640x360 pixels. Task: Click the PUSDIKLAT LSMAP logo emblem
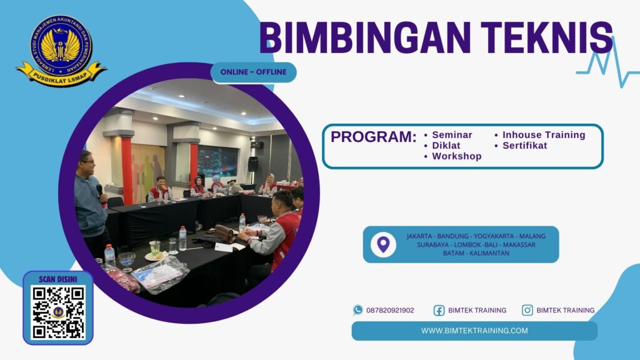click(x=61, y=50)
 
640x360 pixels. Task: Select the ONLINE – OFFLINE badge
click(x=253, y=72)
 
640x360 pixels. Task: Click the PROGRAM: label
click(x=373, y=137)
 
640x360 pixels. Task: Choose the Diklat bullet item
click(x=446, y=146)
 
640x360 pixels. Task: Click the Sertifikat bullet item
click(x=524, y=146)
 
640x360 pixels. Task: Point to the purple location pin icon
click(x=383, y=244)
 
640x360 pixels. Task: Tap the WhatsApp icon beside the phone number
click(x=357, y=310)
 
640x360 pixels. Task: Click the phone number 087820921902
click(x=390, y=310)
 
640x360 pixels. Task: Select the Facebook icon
click(x=439, y=310)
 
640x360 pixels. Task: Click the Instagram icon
click(x=527, y=310)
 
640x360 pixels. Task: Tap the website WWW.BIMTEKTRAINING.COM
click(x=474, y=331)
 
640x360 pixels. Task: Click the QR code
click(x=57, y=312)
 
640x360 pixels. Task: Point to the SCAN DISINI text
click(x=57, y=279)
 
